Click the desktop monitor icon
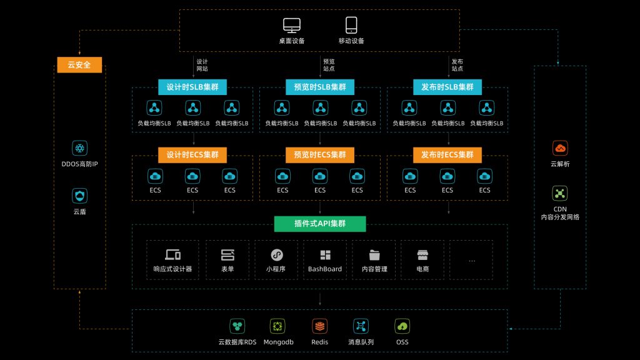[292, 25]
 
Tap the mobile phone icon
[351, 25]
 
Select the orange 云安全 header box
[79, 64]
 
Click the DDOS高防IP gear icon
[79, 148]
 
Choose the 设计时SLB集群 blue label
[192, 87]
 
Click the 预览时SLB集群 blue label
[320, 87]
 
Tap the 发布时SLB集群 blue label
[447, 87]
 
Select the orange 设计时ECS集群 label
[192, 154]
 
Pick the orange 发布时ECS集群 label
[447, 154]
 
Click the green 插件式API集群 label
[320, 224]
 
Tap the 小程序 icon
[276, 254]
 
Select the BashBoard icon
[325, 254]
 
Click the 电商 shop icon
[422, 254]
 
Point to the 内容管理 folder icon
[374, 254]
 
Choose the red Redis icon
[319, 326]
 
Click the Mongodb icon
[278, 326]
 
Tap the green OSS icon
[402, 326]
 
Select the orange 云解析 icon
[560, 148]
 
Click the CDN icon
[560, 193]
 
